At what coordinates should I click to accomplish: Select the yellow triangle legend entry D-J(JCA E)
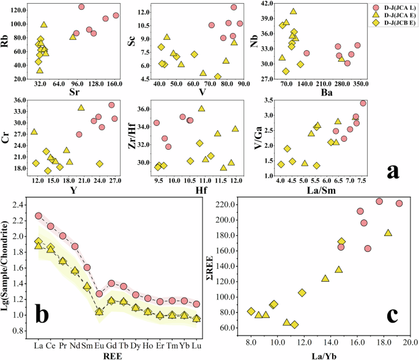click(x=392, y=17)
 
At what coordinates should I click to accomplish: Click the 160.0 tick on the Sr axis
click(x=114, y=83)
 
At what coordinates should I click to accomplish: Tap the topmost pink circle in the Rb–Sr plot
click(x=81, y=7)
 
